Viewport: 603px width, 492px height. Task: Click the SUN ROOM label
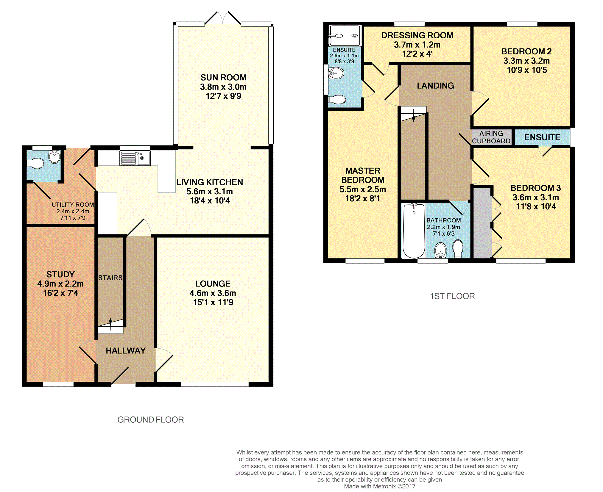223,78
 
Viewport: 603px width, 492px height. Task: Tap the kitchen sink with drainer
135,158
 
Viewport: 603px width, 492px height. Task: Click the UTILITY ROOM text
73,205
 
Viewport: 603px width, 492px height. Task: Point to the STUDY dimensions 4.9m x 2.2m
60,284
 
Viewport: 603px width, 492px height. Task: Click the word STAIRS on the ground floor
110,278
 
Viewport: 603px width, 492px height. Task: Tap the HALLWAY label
126,351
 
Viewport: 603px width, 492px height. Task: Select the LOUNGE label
213,284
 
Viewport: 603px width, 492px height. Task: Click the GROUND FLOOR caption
151,420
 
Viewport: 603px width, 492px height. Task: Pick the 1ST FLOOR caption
452,296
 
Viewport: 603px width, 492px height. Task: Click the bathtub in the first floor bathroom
414,231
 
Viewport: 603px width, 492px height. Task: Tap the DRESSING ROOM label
417,35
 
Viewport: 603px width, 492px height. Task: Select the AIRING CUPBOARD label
491,137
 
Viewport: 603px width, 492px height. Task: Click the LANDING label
435,86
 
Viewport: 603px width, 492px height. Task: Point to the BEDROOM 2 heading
526,51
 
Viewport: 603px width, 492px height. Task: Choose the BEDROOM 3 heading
536,188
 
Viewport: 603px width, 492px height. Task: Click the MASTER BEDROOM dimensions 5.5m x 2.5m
363,189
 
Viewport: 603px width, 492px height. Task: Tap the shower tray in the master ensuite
345,36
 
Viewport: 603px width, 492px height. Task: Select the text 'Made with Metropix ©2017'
380,486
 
